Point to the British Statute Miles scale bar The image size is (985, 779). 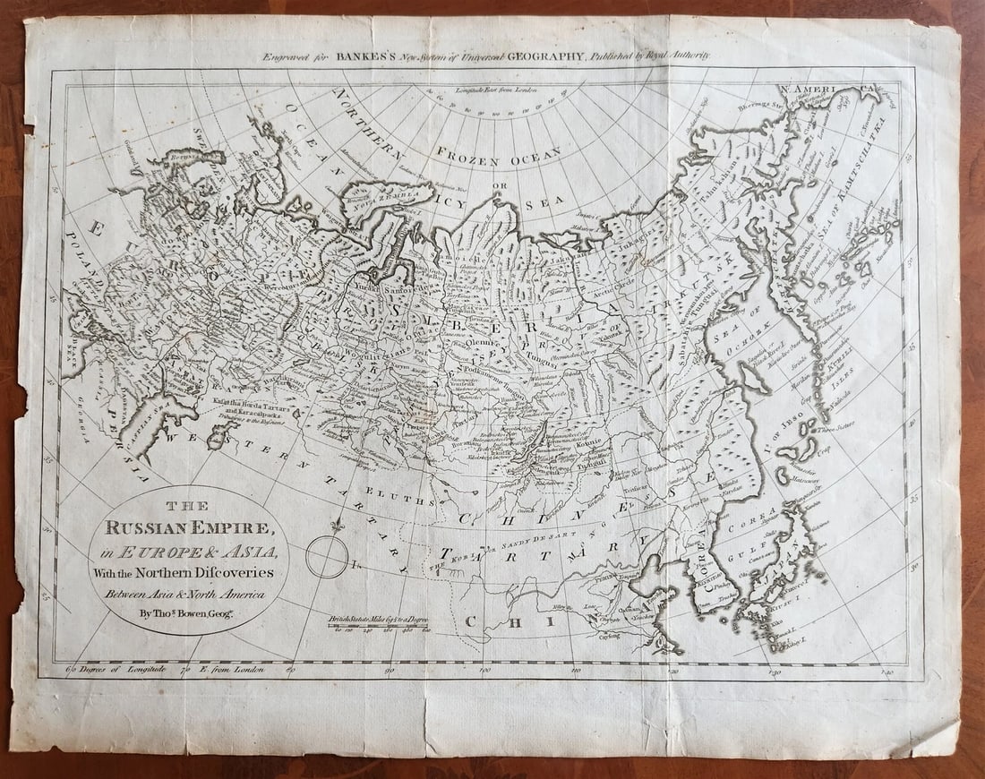click(381, 624)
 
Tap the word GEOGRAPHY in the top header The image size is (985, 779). click(543, 56)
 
